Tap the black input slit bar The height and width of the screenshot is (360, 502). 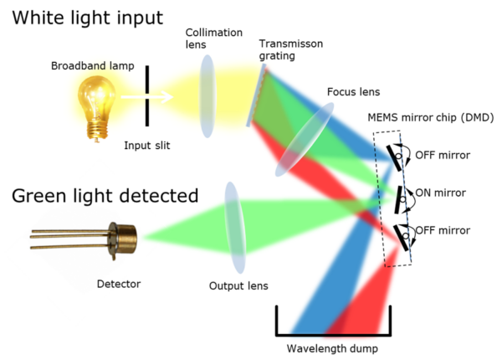(x=147, y=95)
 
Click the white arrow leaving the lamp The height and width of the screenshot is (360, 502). (x=147, y=97)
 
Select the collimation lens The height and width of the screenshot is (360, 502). (x=207, y=96)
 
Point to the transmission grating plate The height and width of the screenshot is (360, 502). (x=256, y=95)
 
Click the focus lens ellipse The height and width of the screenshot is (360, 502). (x=305, y=139)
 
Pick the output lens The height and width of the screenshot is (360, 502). (x=235, y=228)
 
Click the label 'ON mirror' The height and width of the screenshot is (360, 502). (x=440, y=193)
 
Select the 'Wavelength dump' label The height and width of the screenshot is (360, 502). (x=332, y=348)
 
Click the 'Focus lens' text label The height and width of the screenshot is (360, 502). (x=353, y=92)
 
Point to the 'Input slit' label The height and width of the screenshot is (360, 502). (x=147, y=146)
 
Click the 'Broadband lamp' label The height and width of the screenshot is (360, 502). (x=93, y=65)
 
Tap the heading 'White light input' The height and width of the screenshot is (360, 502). (x=87, y=18)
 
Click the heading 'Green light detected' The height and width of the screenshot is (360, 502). (x=105, y=196)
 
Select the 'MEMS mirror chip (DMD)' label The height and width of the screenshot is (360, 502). (x=431, y=117)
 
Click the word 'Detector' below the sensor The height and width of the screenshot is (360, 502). (x=119, y=284)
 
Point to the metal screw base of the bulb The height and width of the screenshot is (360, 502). (x=97, y=131)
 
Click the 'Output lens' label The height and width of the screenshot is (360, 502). (x=238, y=285)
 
